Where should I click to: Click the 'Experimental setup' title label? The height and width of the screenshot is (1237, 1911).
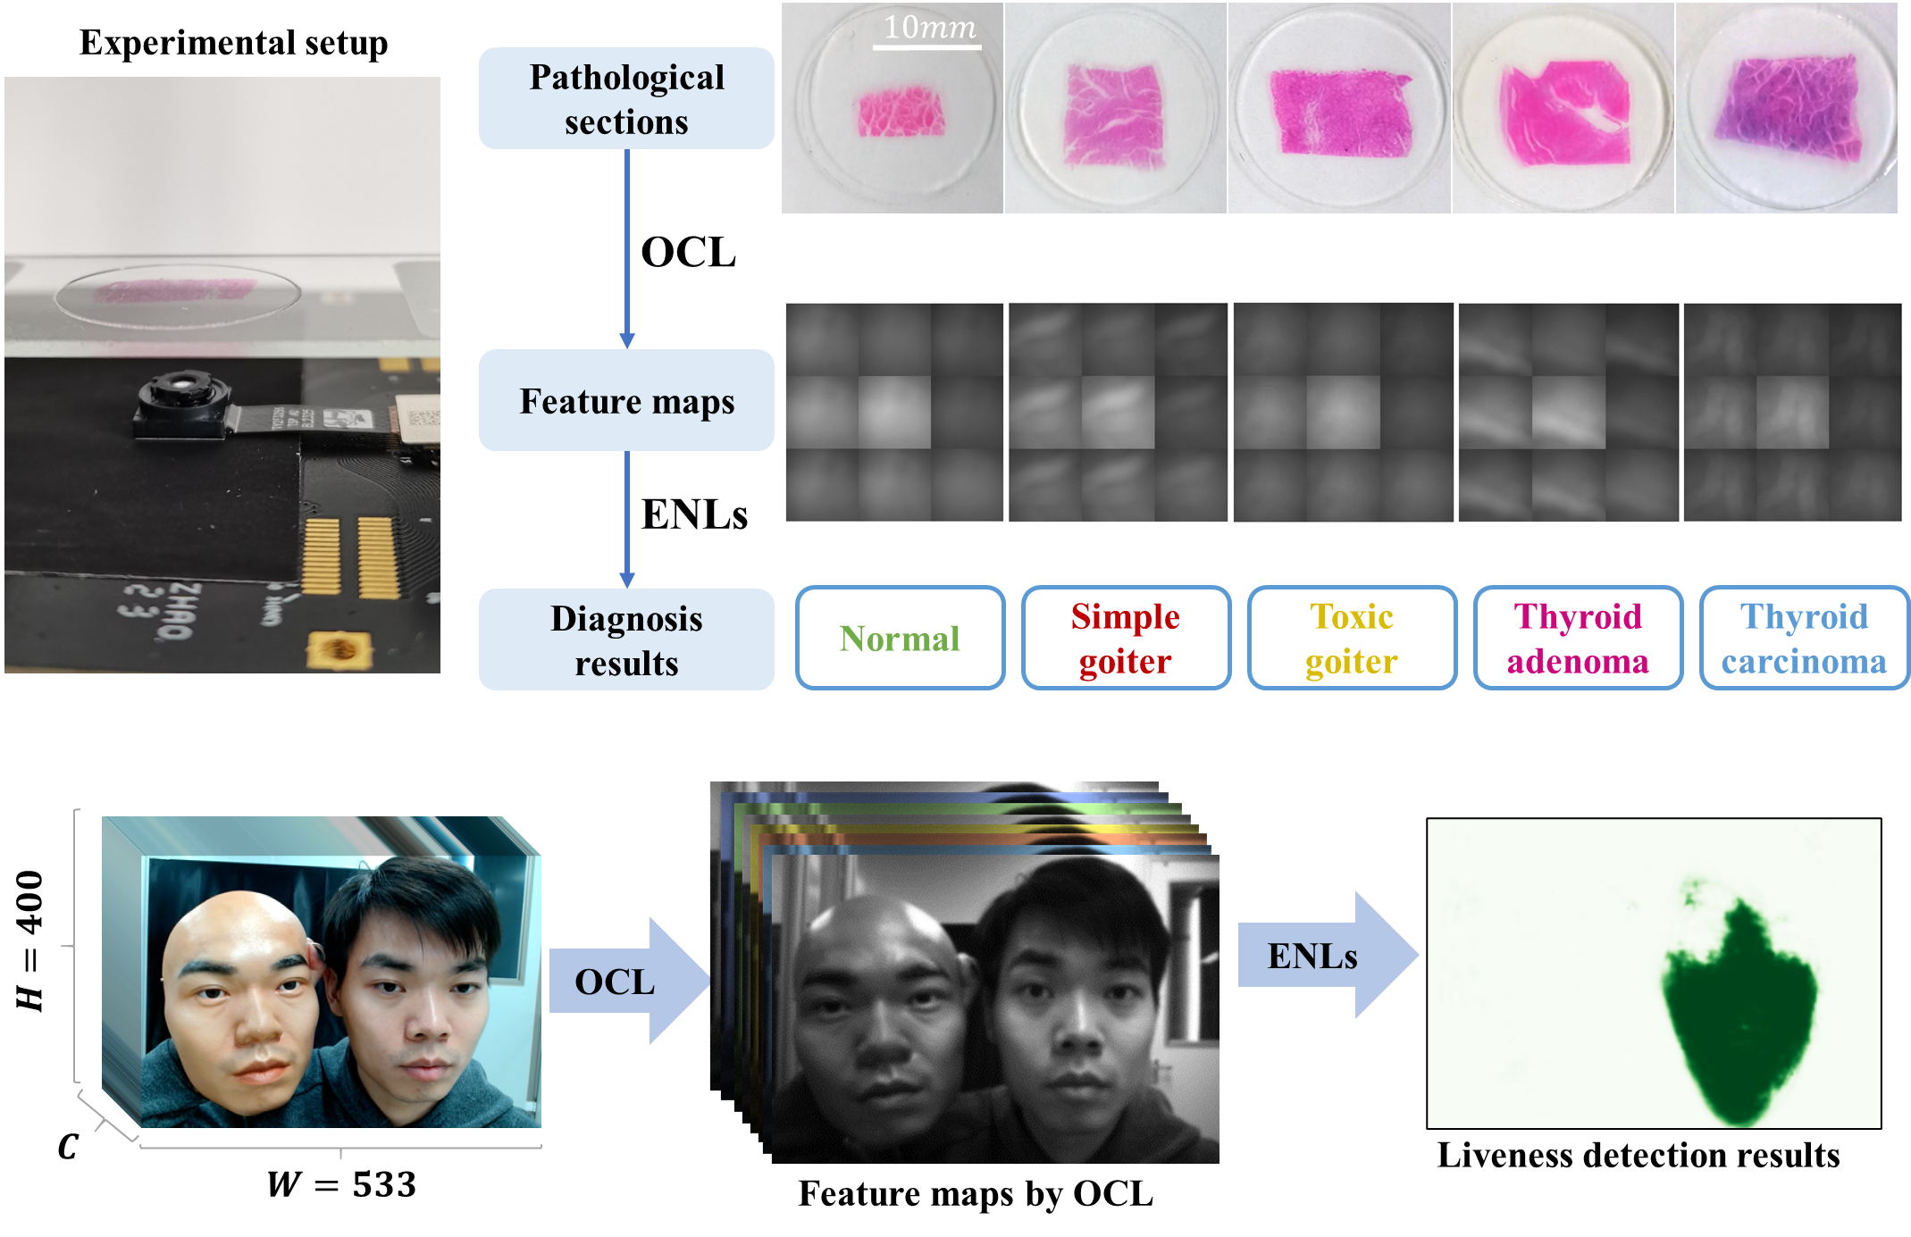point(234,42)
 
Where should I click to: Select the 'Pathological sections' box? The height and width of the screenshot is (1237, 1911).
point(626,99)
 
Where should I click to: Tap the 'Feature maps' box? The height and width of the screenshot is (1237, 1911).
point(626,401)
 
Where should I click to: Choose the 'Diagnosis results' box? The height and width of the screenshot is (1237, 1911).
point(626,640)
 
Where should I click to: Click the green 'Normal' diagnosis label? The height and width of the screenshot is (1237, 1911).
point(900,639)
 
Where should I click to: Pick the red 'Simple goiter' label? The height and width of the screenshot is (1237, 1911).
point(1126,639)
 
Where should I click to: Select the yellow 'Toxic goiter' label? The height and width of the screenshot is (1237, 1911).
point(1352,639)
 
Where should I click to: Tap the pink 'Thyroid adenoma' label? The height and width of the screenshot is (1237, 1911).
point(1578,639)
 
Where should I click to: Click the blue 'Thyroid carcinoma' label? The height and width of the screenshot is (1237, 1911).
point(1804,639)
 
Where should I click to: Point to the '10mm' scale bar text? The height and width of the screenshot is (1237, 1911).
point(929,28)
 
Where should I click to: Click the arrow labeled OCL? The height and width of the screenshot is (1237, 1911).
point(625,981)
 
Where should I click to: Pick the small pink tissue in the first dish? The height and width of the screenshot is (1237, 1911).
point(901,113)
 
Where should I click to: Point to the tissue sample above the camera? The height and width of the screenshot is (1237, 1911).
point(176,290)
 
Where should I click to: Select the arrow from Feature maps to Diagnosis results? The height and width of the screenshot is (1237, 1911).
point(627,518)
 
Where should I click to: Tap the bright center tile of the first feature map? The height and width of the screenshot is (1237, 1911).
point(894,412)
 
